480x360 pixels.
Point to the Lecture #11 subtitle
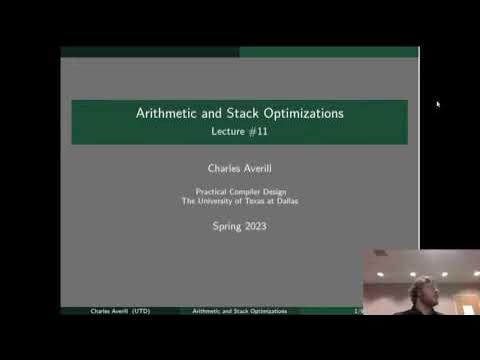point(239,131)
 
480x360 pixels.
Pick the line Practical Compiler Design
point(239,192)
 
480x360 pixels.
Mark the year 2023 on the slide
point(255,226)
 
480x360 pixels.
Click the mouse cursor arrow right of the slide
point(438,102)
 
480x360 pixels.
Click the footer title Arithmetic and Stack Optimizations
point(239,312)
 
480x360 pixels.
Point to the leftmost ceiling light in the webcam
point(381,273)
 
